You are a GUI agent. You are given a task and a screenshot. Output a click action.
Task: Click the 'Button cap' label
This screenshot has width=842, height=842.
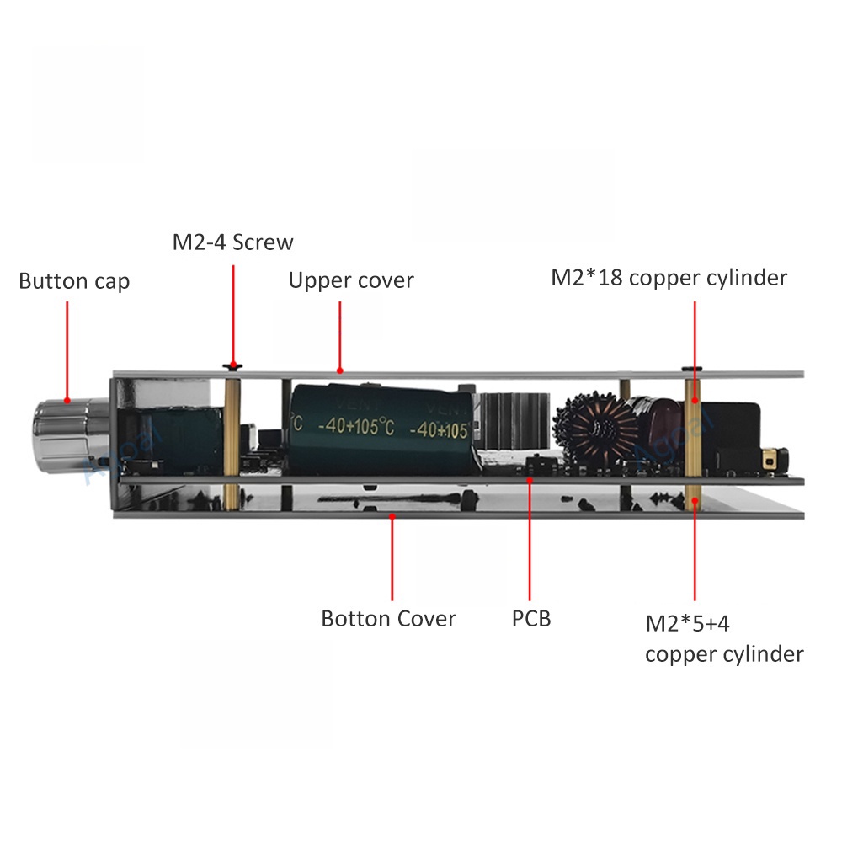point(74,281)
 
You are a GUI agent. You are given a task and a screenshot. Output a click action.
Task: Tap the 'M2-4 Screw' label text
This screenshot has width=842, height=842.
point(233,242)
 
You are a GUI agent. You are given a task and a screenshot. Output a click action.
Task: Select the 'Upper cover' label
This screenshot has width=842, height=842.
point(351,280)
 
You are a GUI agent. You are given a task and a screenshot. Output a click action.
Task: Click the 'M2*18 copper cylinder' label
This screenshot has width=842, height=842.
point(669,278)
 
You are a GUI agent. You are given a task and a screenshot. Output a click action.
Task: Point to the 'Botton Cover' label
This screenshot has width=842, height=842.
point(388,619)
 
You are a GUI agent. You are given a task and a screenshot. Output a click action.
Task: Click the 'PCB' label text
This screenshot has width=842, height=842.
point(531,619)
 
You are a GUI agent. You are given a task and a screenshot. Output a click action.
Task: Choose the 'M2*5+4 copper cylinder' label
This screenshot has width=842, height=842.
point(723,639)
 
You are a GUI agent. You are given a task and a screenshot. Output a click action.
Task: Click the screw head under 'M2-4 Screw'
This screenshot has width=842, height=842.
point(232,366)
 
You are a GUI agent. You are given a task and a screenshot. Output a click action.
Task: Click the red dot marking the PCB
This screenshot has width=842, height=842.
point(530,480)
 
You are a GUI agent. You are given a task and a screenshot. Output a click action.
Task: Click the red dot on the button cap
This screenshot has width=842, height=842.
point(67,402)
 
